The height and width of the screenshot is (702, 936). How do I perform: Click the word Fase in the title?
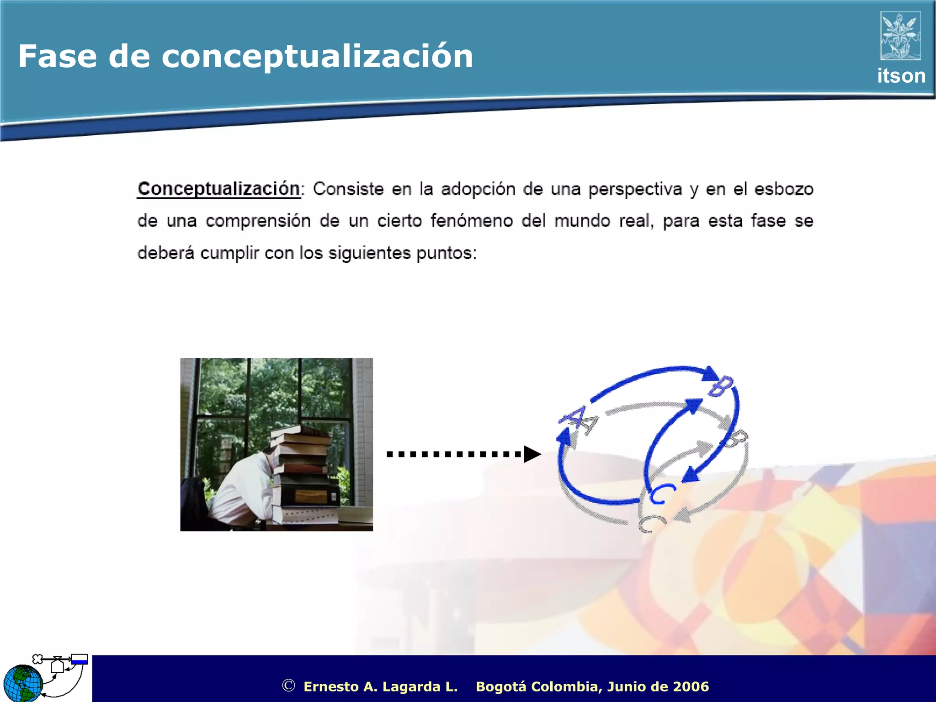click(x=57, y=57)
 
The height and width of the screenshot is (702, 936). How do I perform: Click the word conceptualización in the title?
click(x=317, y=57)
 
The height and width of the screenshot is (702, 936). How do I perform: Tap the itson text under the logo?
click(x=901, y=76)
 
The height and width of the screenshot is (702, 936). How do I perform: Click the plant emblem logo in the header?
click(x=900, y=36)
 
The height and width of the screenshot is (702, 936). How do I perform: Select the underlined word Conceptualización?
click(x=219, y=189)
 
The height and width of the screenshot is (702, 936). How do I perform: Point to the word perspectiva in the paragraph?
click(x=635, y=189)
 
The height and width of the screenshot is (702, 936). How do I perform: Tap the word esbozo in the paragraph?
click(x=783, y=189)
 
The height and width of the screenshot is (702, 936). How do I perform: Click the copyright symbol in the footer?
click(x=288, y=686)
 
